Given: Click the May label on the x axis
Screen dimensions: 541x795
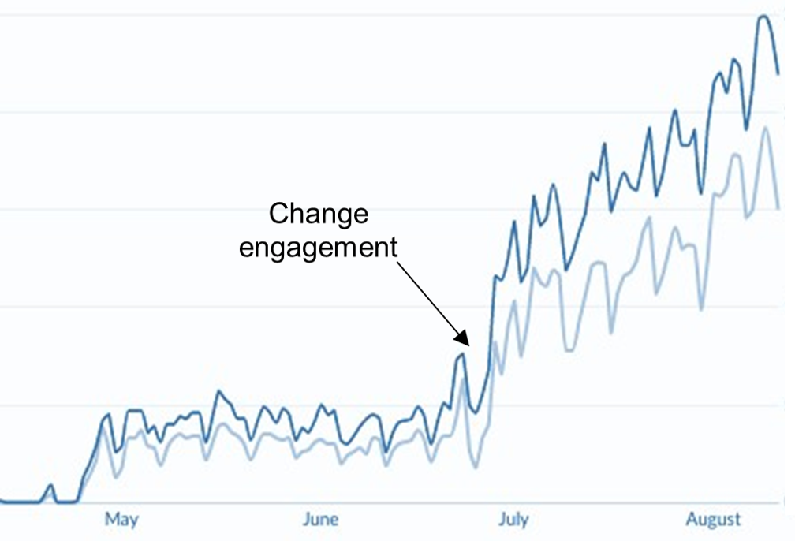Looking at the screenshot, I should coord(121,519).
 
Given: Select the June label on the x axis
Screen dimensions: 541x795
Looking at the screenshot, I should coord(320,519).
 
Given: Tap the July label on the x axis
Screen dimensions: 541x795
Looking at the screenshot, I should coord(513,519).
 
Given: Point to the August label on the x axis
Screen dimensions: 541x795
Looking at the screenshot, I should coord(713,519).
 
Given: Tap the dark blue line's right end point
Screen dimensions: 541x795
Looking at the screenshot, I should coord(778,74).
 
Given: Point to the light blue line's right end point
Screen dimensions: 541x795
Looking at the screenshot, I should coord(778,208).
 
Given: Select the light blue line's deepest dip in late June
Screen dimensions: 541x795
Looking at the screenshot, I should coord(476,468).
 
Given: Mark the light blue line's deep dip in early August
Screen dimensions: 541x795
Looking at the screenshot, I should coord(701,309).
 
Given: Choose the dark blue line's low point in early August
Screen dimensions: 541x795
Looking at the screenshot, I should coord(701,192).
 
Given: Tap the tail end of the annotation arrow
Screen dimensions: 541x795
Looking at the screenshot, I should coord(397,263).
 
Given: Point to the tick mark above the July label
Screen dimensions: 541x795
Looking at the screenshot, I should coord(513,504).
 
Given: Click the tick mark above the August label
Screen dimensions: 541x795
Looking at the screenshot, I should coord(713,504).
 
